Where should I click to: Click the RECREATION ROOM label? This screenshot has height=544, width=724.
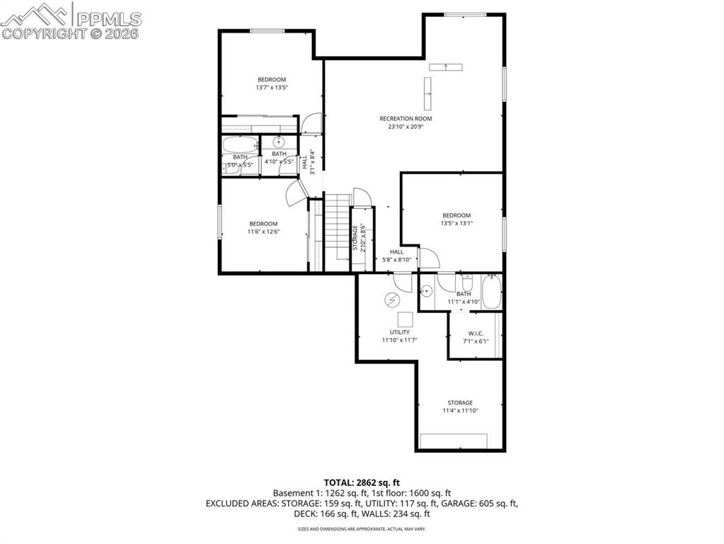click(405, 118)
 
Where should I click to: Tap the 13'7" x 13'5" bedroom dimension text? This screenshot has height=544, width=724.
click(272, 88)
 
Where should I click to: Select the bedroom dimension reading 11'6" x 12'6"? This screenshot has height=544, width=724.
click(263, 232)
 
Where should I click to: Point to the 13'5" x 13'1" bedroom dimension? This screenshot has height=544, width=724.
click(456, 223)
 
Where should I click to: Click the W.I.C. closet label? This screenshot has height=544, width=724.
click(476, 334)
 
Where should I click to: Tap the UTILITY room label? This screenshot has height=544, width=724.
click(399, 332)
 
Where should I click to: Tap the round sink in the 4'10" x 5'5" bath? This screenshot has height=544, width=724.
click(279, 142)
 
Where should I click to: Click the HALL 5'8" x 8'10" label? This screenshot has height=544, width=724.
click(396, 256)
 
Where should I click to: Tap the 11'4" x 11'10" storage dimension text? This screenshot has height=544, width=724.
click(459, 410)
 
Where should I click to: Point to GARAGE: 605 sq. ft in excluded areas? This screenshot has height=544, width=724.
click(485, 504)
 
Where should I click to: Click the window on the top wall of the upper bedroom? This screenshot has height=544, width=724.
click(268, 30)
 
